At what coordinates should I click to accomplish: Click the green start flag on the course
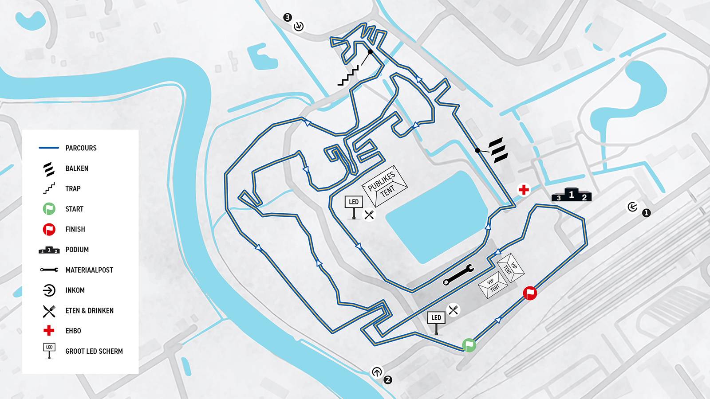click(469, 345)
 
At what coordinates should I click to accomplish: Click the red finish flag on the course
click(530, 293)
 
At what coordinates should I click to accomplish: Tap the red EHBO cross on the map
click(524, 190)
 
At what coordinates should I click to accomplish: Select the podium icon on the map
click(572, 195)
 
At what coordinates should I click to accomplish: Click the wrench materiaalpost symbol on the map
click(458, 275)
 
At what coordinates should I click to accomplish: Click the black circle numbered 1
click(646, 213)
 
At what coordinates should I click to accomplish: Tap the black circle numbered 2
click(388, 379)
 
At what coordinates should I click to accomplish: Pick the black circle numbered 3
click(288, 17)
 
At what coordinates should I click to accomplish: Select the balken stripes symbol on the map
click(498, 150)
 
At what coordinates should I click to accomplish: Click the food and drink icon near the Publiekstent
click(369, 215)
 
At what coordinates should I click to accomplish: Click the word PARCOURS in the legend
click(81, 148)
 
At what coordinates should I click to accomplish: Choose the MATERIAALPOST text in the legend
click(89, 270)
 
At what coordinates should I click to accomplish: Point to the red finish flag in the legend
click(49, 229)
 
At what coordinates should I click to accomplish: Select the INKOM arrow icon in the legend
click(49, 290)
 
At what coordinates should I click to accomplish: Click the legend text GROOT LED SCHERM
click(94, 351)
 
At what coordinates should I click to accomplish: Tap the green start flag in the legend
click(49, 209)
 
